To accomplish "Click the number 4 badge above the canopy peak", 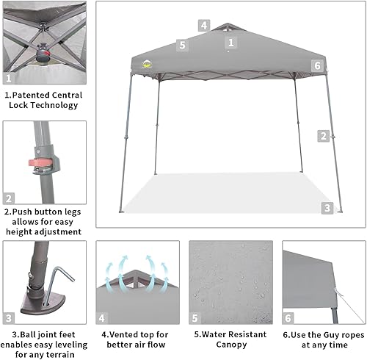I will tap(203, 26).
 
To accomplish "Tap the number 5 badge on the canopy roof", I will tap(183, 46).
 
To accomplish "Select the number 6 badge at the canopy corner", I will tap(317, 66).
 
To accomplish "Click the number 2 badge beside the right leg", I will tap(323, 135).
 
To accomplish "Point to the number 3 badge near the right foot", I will tap(327, 208).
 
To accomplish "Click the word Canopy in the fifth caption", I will tap(221, 345).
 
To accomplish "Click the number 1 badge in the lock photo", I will tap(10, 78).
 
